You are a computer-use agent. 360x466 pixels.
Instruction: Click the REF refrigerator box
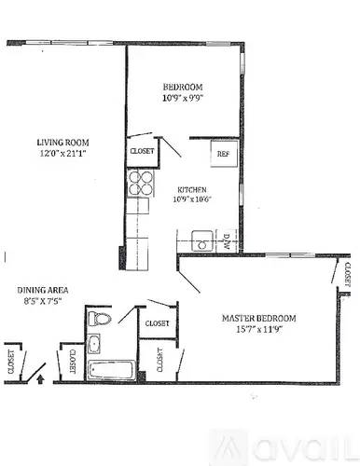coord(223,153)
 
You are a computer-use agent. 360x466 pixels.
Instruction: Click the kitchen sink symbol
coord(202,240)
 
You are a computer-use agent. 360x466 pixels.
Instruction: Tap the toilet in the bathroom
coord(101,321)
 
